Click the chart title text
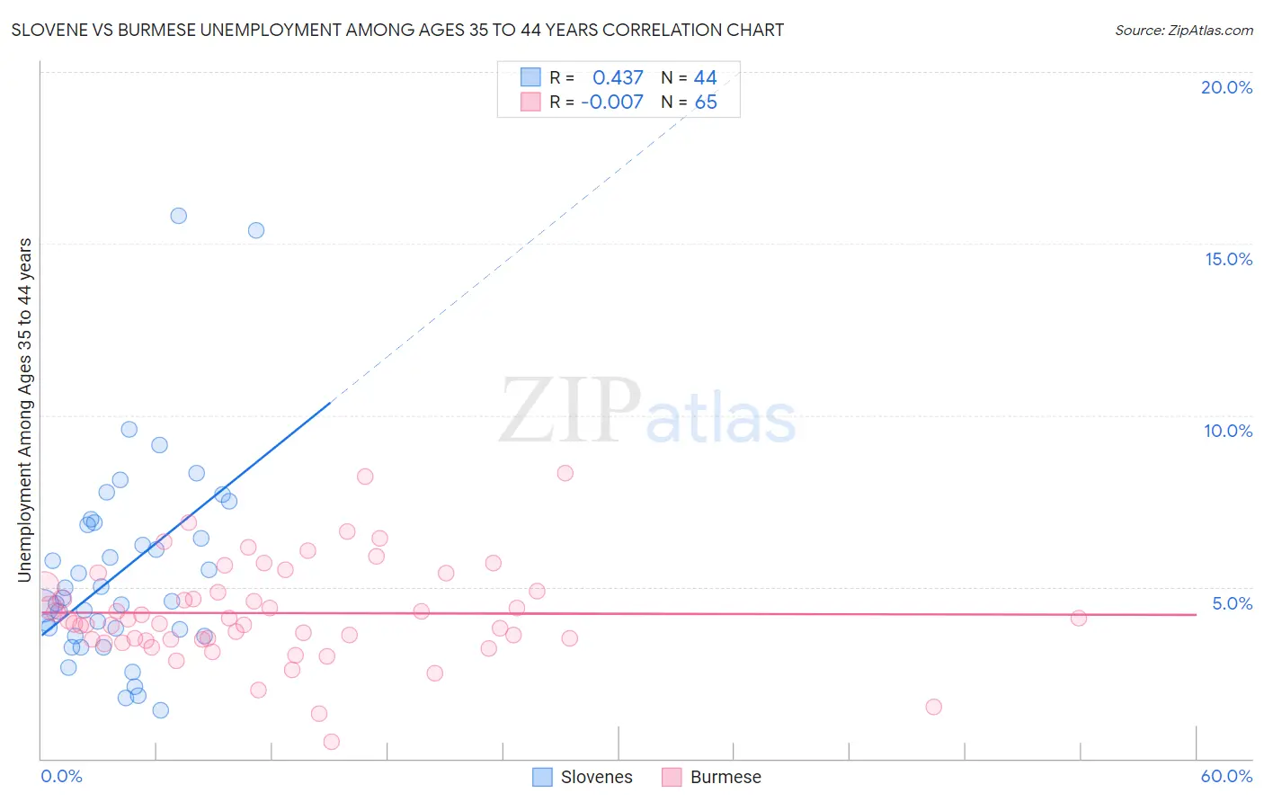pos(397,30)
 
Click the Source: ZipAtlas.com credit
pos(1183,30)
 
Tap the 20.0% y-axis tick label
pos(1226,87)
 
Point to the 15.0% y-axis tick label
pos(1228,259)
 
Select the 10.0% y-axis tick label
pos(1228,431)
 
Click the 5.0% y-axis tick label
pos(1232,603)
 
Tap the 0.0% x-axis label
pos(61,776)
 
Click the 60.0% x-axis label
pos(1226,776)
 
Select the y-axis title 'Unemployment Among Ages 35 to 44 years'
pos(25,409)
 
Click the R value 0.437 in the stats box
pos(618,78)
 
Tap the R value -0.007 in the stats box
pos(612,102)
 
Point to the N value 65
pos(706,102)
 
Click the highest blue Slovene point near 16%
pos(179,216)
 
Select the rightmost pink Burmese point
pos(1079,618)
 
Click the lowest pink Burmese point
pos(332,742)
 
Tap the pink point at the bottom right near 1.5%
pos(934,707)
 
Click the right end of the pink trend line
pos(1196,614)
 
